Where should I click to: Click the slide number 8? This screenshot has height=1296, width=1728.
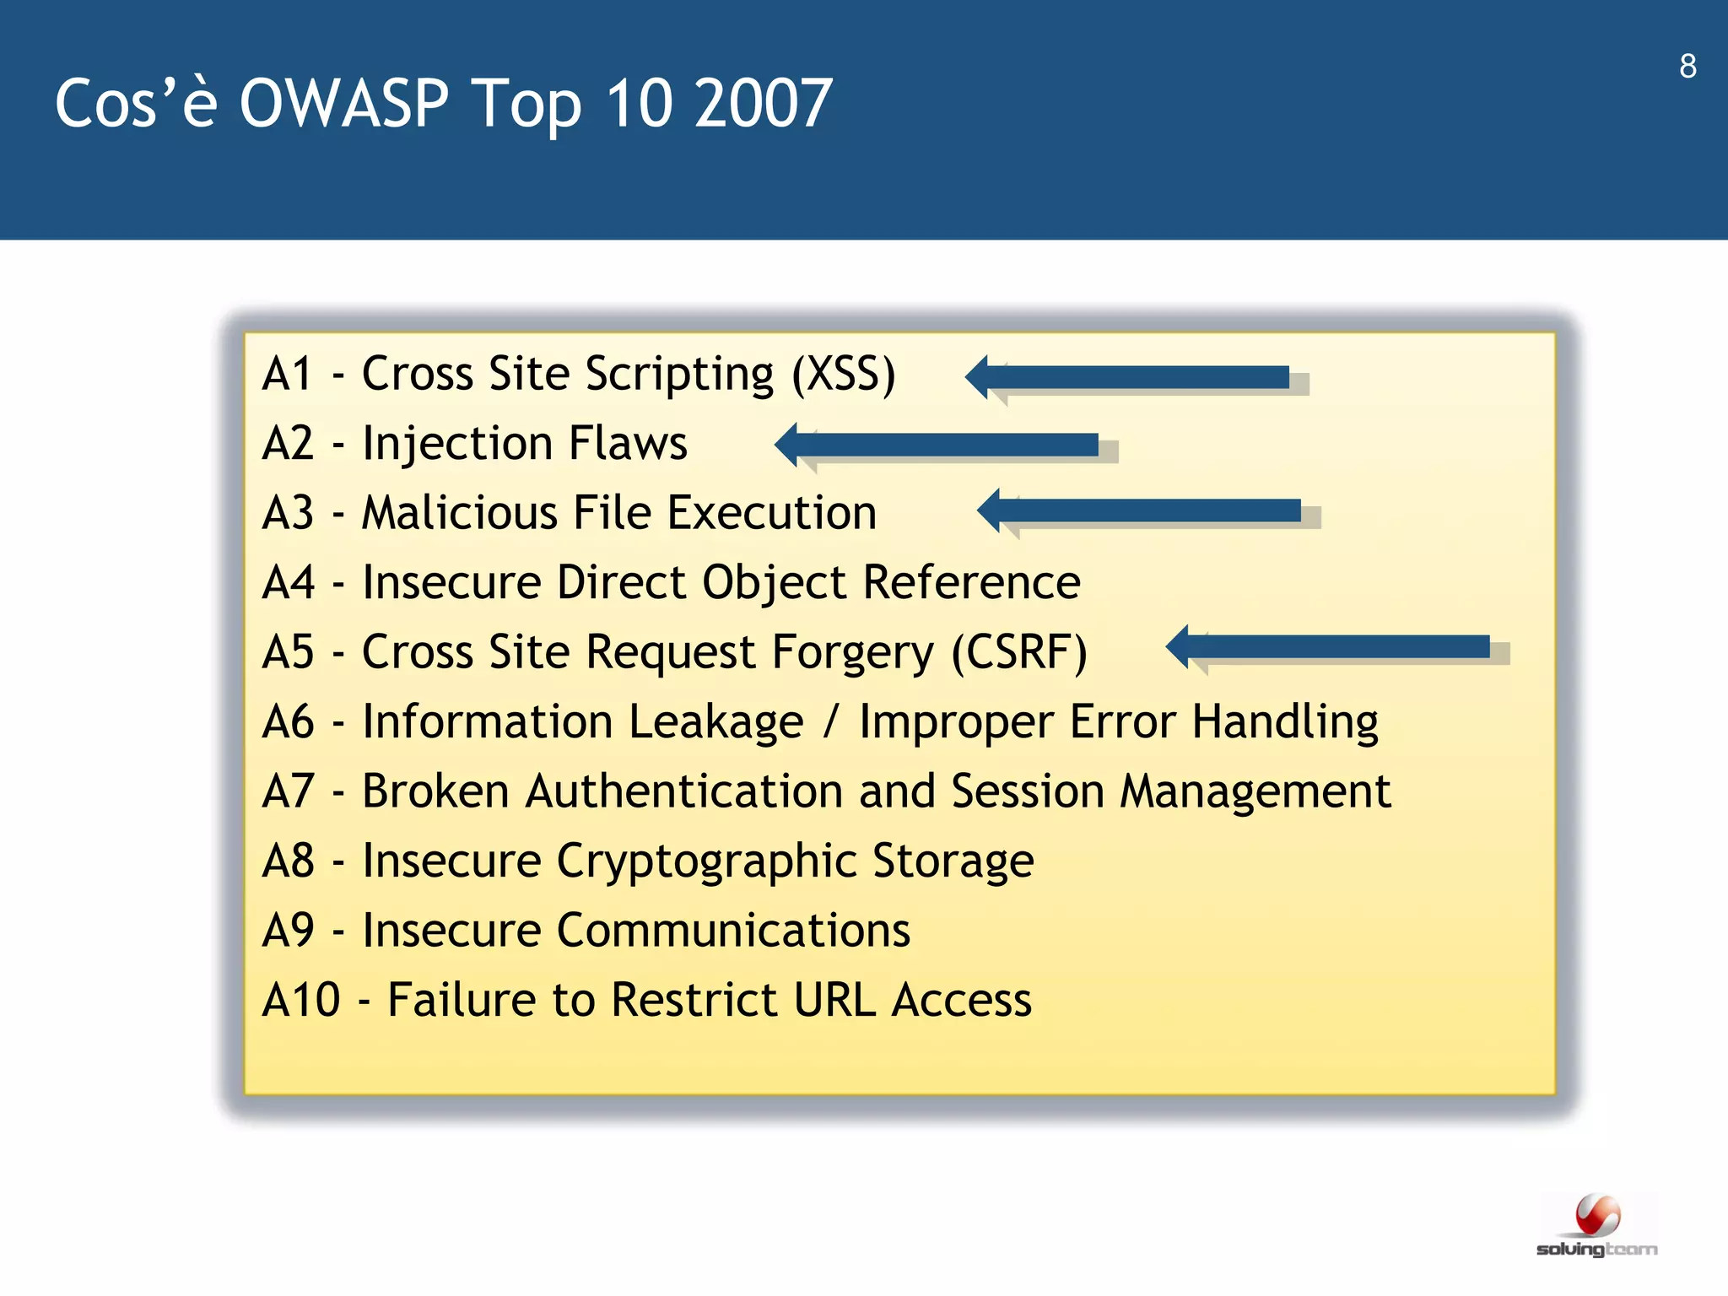click(1687, 67)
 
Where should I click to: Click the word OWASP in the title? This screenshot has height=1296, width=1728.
click(343, 104)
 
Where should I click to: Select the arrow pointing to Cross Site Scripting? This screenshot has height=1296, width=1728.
click(1131, 377)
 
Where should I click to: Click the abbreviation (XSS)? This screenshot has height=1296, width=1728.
click(843, 374)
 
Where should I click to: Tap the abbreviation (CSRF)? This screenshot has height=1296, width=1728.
click(1019, 652)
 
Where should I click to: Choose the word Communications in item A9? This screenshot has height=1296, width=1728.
click(733, 931)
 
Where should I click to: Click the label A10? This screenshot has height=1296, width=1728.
click(301, 1001)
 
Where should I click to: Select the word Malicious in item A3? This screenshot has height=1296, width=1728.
click(459, 513)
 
